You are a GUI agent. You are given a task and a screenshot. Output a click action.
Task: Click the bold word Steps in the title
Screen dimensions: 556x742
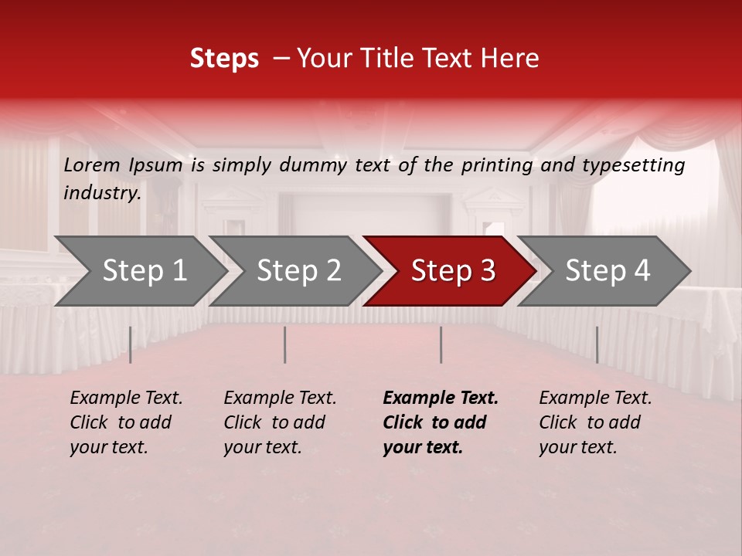pos(224,59)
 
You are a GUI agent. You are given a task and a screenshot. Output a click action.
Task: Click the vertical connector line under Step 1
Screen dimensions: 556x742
pos(130,344)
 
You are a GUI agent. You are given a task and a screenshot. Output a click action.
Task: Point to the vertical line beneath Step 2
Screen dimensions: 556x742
pos(285,344)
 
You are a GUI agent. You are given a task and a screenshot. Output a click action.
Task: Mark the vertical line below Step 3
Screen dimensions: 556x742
pos(441,344)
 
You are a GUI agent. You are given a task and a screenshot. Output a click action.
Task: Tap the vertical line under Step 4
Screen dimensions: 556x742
pos(597,344)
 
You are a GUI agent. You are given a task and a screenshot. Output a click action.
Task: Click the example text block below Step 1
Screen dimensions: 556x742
pos(126,422)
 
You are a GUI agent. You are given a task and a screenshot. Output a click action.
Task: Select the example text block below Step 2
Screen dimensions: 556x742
pos(280,422)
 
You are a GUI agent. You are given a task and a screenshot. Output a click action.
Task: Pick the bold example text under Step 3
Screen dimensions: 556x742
pos(441,422)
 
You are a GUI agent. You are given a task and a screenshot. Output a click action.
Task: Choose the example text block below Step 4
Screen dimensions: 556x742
pos(595,422)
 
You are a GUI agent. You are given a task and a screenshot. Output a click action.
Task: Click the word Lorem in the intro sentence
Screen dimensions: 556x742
pos(92,164)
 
